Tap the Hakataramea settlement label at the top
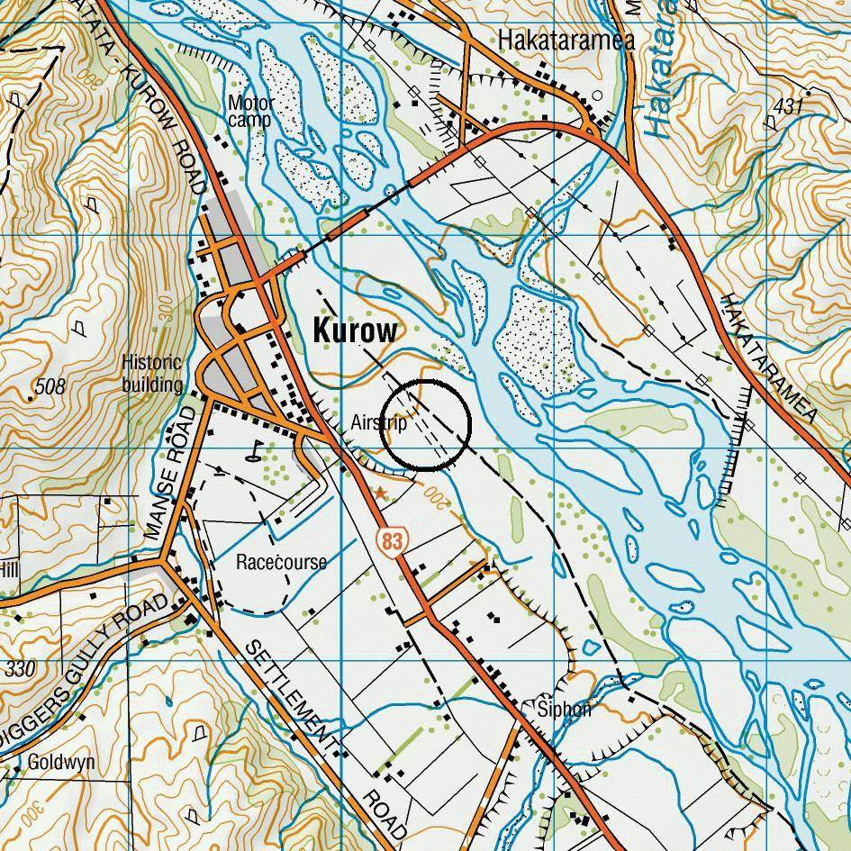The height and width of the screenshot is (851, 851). (566, 40)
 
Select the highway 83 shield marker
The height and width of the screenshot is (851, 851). (392, 541)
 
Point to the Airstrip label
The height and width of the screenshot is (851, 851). (378, 421)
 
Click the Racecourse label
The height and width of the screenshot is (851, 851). (281, 562)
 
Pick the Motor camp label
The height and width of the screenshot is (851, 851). (250, 112)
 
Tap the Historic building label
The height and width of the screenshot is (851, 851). (151, 374)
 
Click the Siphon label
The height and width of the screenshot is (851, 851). (564, 709)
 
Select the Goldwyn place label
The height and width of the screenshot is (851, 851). (61, 762)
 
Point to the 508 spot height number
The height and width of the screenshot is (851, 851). (50, 387)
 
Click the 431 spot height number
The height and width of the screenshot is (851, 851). (787, 107)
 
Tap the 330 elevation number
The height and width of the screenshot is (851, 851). (20, 669)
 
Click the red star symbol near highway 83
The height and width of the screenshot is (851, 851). (381, 493)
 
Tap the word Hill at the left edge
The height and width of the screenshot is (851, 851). (9, 570)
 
